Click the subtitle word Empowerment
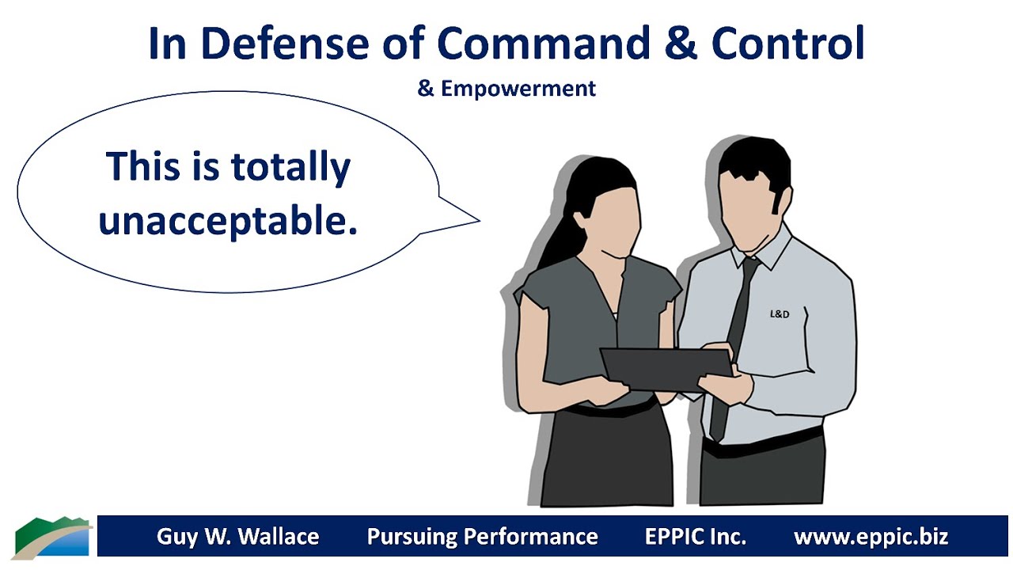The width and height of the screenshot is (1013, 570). click(x=518, y=89)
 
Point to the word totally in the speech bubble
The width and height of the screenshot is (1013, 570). click(x=290, y=168)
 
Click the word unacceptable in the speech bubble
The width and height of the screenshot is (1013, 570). click(x=228, y=222)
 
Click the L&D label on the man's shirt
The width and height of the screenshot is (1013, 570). click(x=780, y=314)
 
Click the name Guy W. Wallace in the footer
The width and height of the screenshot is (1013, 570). click(x=237, y=537)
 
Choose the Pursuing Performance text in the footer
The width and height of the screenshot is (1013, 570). click(x=482, y=537)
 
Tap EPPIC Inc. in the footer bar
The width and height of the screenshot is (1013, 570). click(x=695, y=537)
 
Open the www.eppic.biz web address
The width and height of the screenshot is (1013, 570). click(x=871, y=537)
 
